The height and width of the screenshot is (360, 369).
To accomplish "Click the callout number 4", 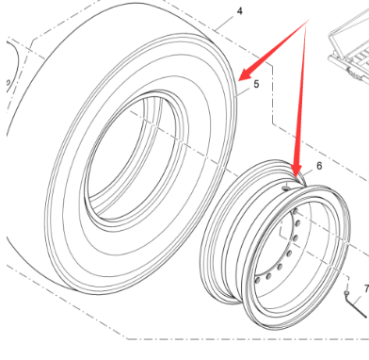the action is pos(240,11).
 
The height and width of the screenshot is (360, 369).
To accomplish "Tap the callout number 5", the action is pos(256,84).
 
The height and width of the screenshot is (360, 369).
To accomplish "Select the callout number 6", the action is pos(319,166).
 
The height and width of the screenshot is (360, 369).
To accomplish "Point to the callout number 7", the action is pos(366,288).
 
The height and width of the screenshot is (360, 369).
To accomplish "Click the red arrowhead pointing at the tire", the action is pos(248,73).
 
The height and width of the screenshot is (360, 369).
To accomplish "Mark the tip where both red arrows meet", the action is pos(308,21).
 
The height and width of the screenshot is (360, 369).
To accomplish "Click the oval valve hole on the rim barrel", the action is pos(286,188).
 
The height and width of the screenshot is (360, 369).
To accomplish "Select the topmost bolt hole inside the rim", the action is pos(295,211).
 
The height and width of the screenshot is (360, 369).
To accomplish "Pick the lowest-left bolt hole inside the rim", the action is pos(258,280).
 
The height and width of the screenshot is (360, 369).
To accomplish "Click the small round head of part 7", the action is pos(346,293).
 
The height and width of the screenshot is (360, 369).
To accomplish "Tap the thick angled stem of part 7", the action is pos(357,306).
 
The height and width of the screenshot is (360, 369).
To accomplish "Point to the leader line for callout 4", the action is pos(225,23).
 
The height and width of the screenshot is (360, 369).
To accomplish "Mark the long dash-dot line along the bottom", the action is pos(248,339).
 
